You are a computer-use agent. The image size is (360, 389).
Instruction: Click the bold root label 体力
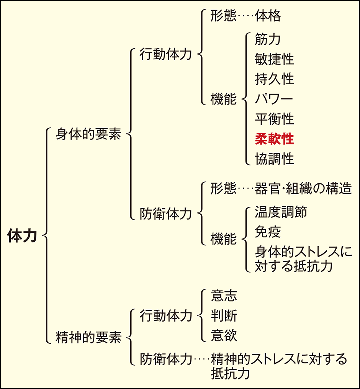tap(22, 236)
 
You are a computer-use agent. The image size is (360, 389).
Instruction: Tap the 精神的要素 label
tap(88, 338)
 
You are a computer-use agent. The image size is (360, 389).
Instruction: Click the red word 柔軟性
tap(274, 139)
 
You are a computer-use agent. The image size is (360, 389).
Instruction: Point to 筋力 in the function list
tap(268, 39)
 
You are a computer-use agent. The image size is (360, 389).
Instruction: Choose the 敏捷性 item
tap(274, 59)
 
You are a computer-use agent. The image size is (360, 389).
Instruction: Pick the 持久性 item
tap(274, 79)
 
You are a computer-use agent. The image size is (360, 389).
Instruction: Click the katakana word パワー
tap(274, 99)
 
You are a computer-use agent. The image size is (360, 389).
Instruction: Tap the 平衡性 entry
tap(274, 119)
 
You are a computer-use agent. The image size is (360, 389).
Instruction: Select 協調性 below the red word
tap(274, 159)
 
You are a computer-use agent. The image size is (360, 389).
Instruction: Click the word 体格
tap(268, 16)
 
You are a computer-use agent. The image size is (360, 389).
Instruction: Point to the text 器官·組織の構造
tap(303, 188)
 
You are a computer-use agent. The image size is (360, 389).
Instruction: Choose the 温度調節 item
tap(281, 212)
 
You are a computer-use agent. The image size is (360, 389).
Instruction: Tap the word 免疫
tap(268, 232)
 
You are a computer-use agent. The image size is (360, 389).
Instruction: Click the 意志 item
tap(224, 296)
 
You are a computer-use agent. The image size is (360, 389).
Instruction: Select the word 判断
tap(224, 316)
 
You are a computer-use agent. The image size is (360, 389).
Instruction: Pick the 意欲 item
tap(224, 336)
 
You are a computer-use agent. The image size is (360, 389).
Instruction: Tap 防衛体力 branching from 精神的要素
tap(165, 359)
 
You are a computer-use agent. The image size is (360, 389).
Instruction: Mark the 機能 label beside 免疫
tap(224, 239)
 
